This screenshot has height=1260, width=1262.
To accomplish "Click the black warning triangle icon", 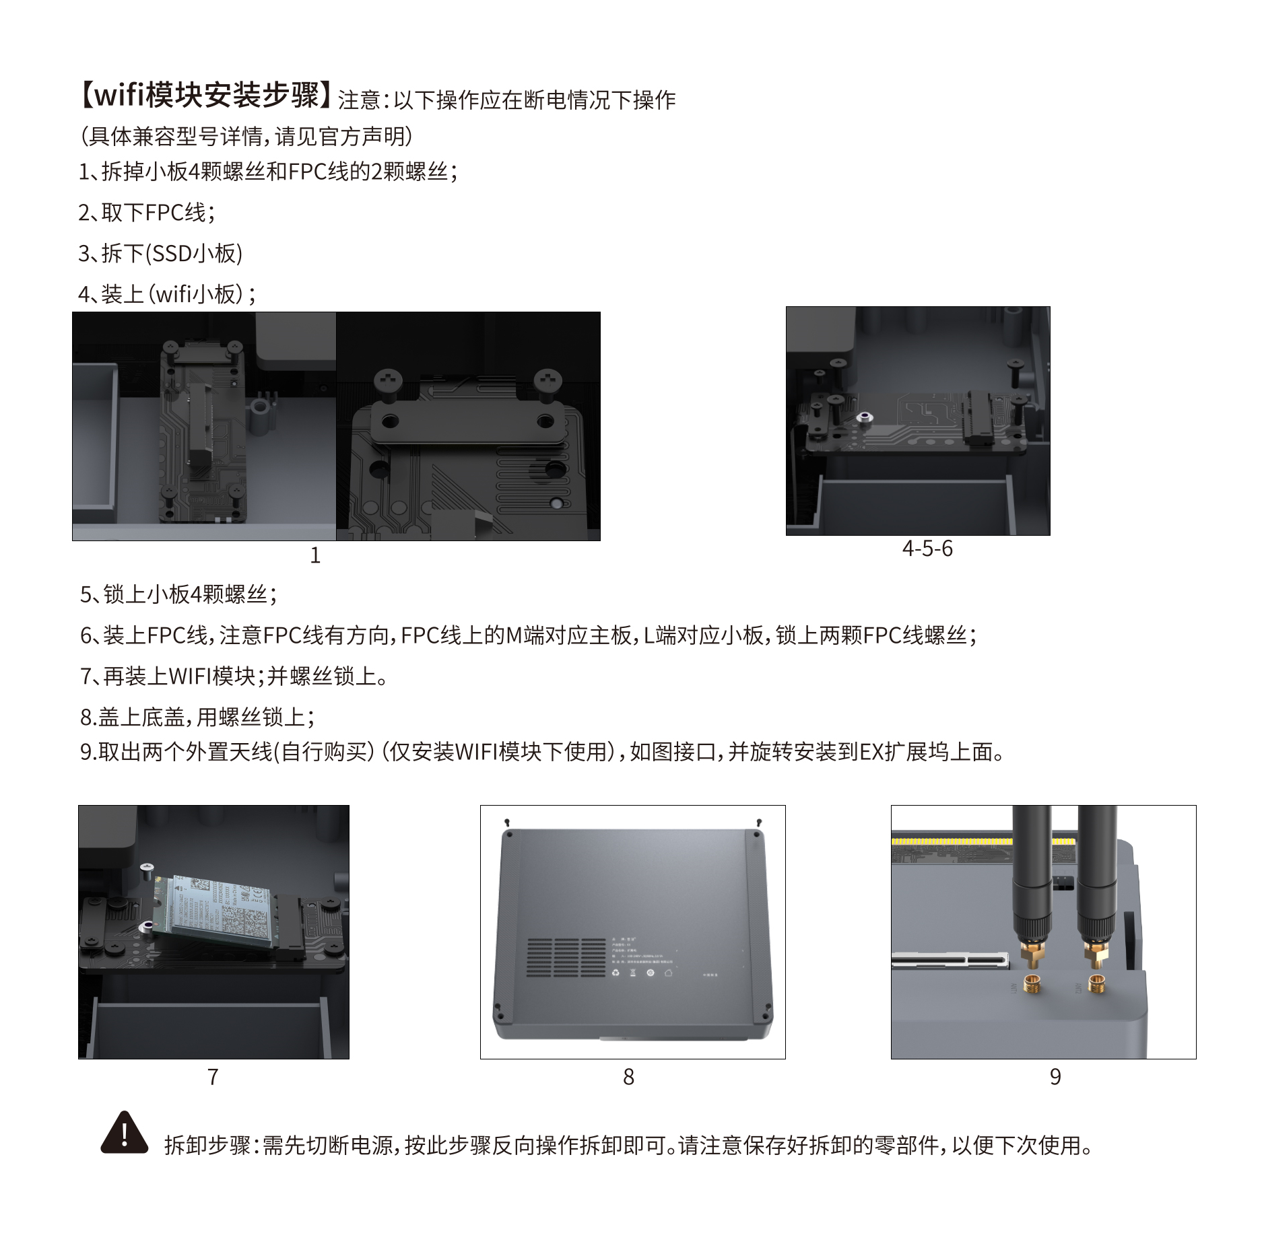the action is tap(125, 1134).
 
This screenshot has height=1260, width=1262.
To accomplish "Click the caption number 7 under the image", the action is tap(213, 1077).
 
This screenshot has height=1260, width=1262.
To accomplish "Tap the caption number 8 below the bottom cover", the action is tap(628, 1077).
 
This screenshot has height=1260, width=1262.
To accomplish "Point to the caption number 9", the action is tap(1055, 1077).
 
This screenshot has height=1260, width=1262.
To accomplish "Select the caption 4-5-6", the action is tap(927, 549).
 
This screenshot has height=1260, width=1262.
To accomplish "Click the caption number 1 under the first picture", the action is tap(315, 555).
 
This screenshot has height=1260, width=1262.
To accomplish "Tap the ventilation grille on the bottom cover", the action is tap(566, 957).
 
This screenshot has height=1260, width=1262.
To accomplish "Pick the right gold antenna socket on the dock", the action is tap(1096, 985).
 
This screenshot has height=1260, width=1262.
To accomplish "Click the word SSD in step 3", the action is tap(172, 254).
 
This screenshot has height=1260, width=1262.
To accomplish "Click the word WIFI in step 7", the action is tap(189, 676).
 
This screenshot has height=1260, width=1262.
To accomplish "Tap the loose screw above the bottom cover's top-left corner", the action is tap(507, 823).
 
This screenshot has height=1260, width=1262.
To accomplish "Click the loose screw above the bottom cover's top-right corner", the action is tap(759, 823).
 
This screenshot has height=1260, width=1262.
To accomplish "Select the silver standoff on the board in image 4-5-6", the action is tap(865, 419).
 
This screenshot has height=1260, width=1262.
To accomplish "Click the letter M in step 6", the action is tap(514, 635).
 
